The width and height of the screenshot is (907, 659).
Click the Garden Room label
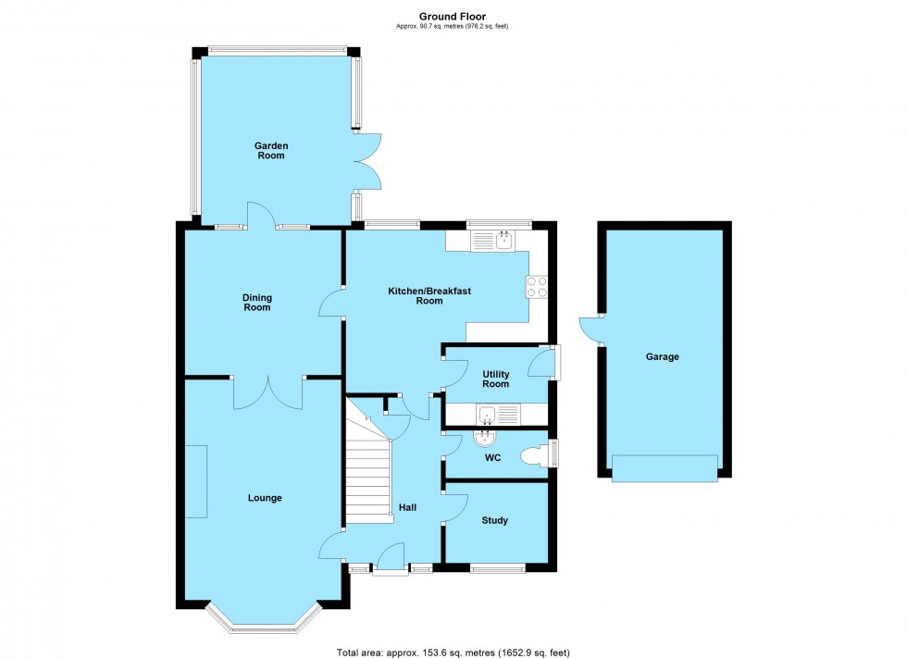[271, 151]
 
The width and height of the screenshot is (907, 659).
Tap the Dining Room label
[257, 302]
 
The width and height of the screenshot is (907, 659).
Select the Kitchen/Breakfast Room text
[429, 296]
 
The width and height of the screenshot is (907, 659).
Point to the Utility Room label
[495, 378]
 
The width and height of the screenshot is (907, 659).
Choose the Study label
[494, 521]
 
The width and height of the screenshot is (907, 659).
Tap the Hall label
[407, 507]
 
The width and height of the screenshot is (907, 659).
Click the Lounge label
[265, 498]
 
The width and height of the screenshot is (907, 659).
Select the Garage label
[663, 356]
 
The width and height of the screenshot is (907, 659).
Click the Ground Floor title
[452, 16]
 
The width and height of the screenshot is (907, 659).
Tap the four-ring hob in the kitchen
[538, 287]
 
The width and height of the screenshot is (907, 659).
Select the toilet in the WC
[534, 455]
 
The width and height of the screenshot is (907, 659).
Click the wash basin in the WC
[485, 438]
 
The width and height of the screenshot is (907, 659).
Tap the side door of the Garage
[590, 328]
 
